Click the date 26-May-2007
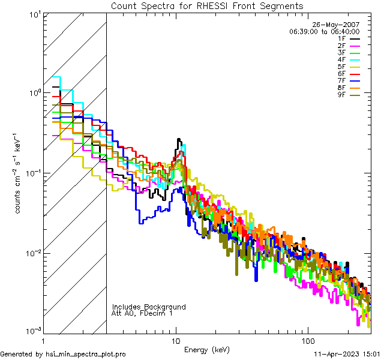click(x=338, y=24)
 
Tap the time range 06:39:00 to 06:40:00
click(x=324, y=31)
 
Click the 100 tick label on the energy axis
click(x=307, y=340)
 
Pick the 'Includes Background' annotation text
click(x=149, y=307)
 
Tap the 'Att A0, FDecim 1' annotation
click(x=142, y=313)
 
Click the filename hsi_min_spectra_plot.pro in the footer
click(x=86, y=355)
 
